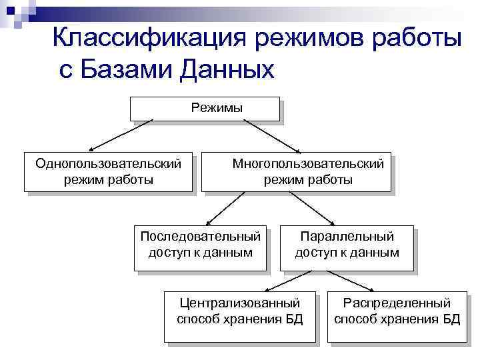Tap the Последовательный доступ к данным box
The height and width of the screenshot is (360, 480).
(x=200, y=245)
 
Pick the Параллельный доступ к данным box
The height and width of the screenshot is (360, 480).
(x=347, y=245)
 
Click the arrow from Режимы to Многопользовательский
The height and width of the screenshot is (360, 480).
(x=270, y=135)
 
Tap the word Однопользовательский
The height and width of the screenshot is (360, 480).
(x=108, y=163)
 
